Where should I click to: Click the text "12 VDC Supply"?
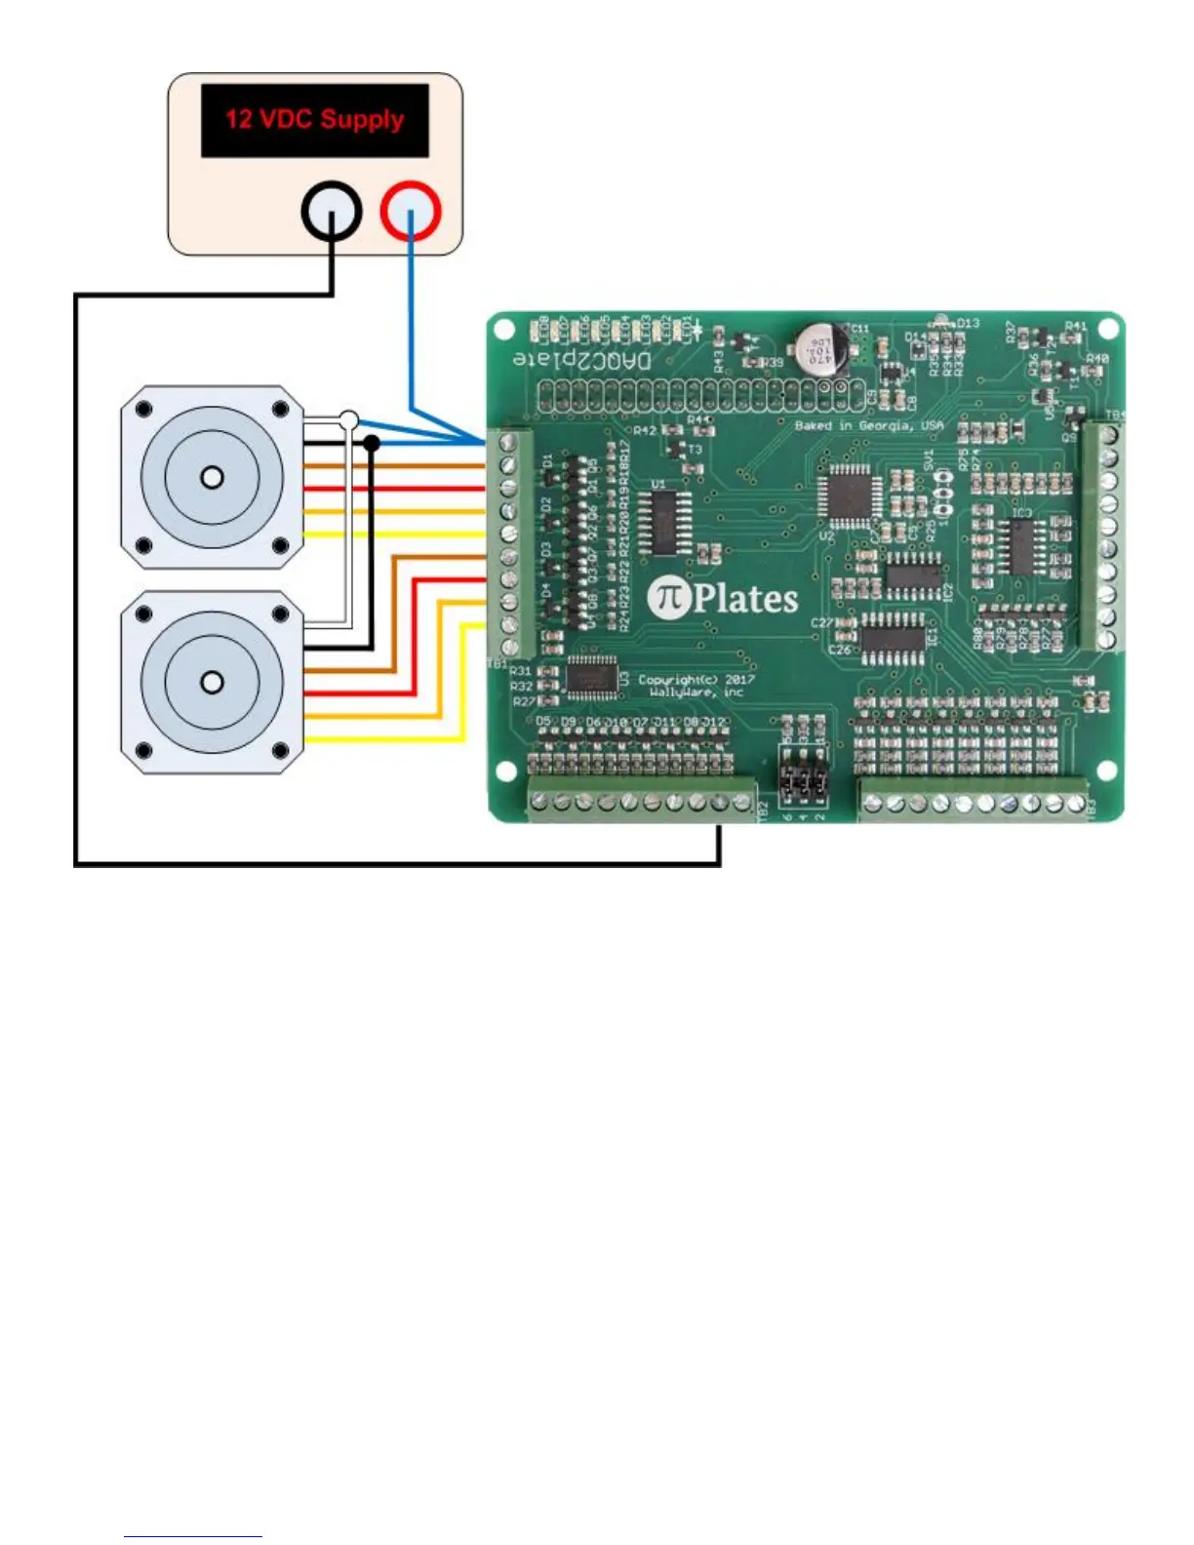[x=314, y=120]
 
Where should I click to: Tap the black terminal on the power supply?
[x=332, y=211]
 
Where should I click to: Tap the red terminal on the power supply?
[x=411, y=211]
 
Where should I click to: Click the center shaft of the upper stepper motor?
[x=212, y=478]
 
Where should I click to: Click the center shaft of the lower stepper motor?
[x=212, y=682]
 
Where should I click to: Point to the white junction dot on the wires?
[x=349, y=421]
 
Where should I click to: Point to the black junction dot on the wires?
[x=372, y=444]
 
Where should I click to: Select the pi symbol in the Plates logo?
[x=669, y=597]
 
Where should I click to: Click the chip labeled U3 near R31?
[x=591, y=677]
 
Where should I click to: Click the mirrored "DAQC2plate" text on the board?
[x=582, y=360]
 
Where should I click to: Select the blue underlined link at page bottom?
[x=193, y=1534]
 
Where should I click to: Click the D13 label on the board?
[x=968, y=323]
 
